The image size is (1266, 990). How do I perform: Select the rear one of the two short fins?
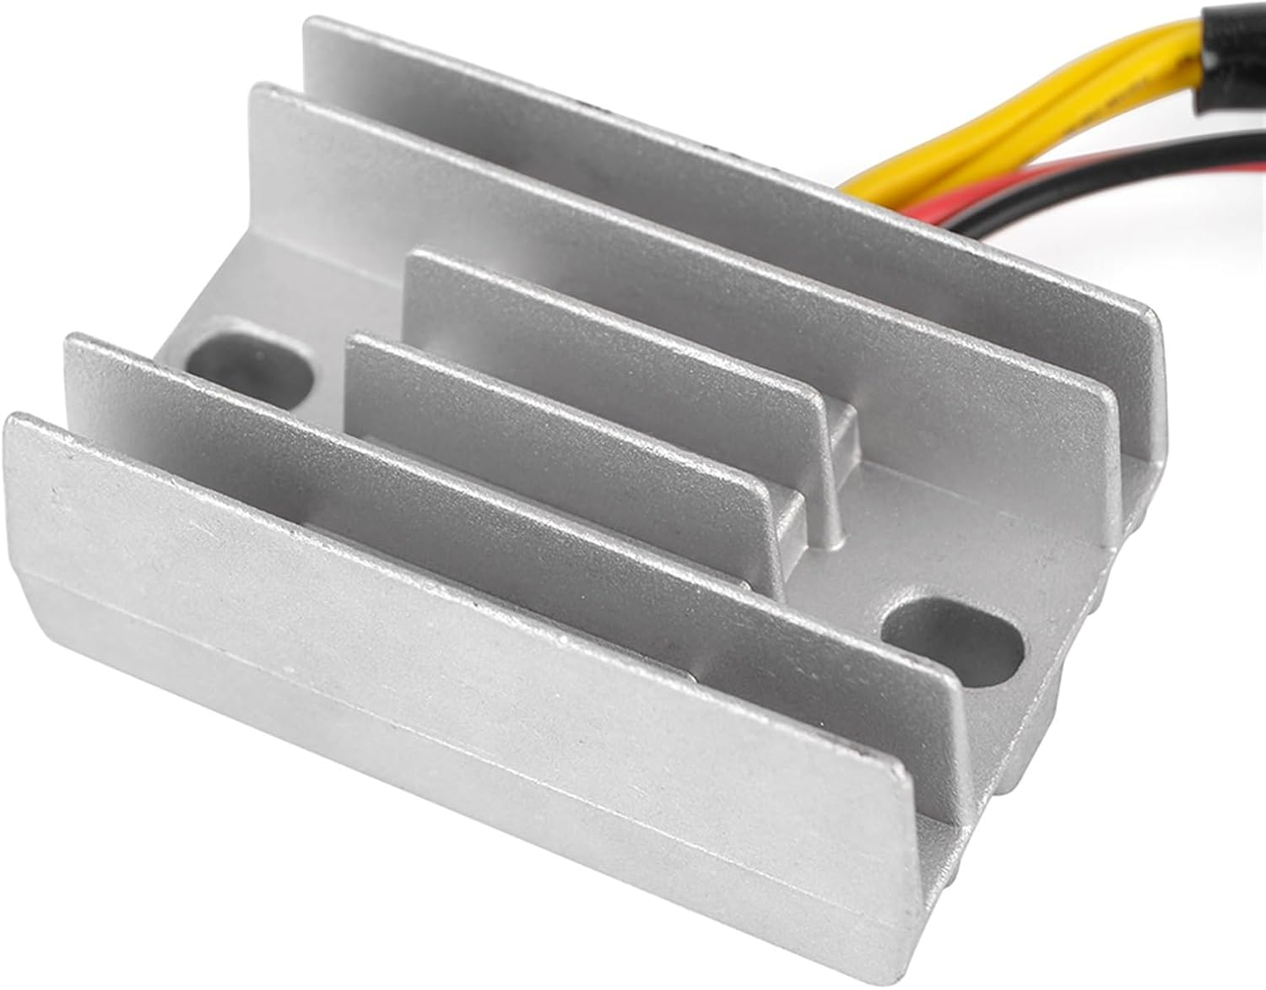tap(608, 338)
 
